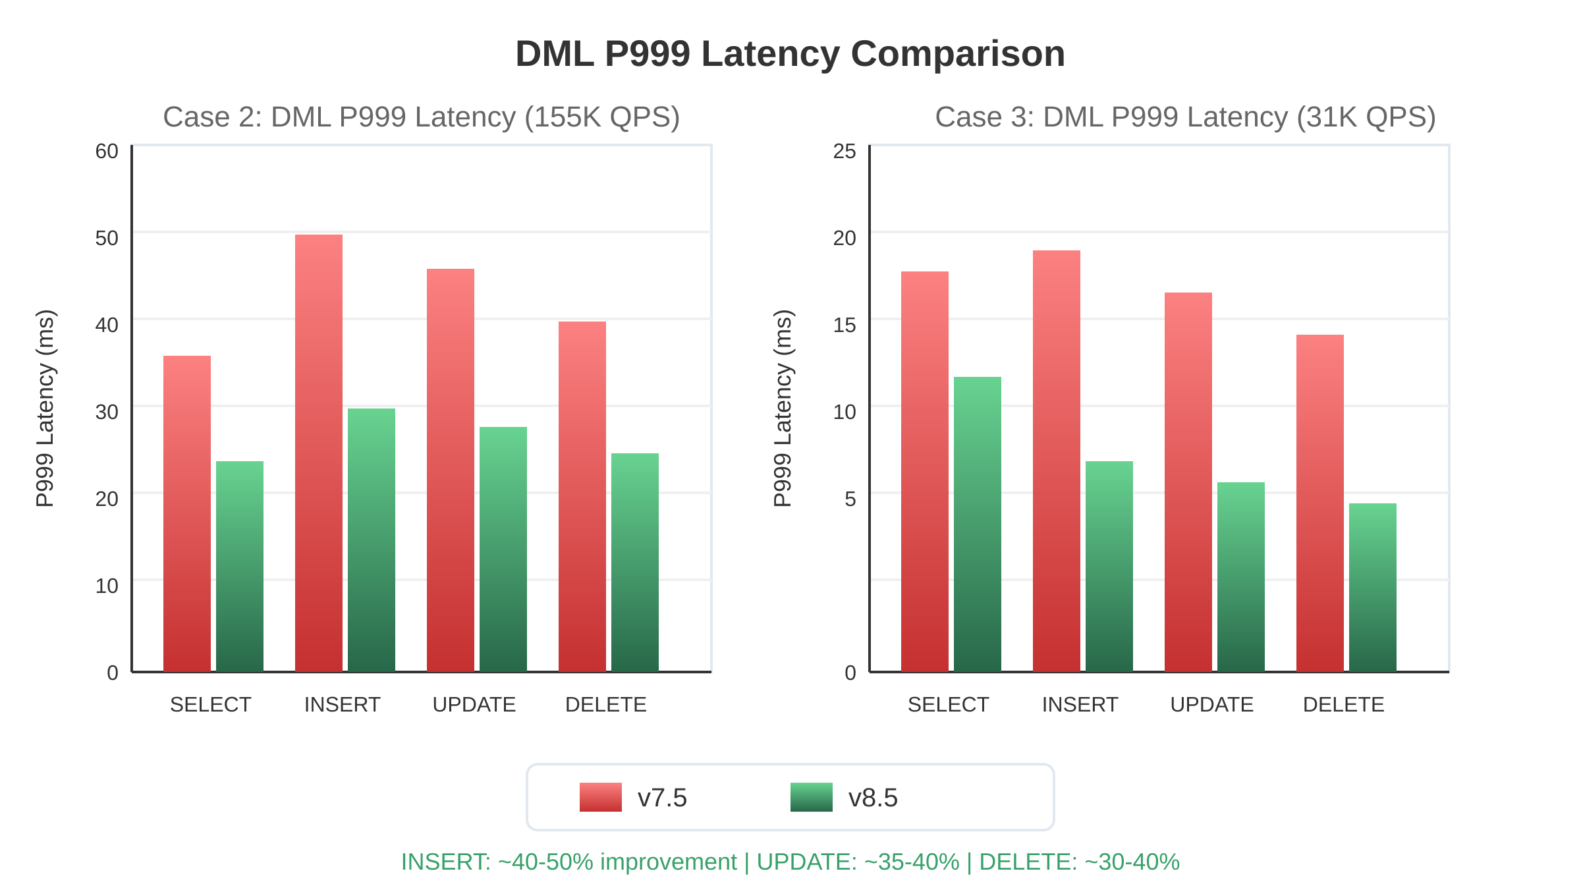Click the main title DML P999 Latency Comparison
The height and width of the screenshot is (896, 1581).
790,54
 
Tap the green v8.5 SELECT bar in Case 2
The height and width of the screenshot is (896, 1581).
240,567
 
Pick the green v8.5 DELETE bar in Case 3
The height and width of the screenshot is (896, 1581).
1373,588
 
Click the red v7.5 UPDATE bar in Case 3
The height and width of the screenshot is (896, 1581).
1188,482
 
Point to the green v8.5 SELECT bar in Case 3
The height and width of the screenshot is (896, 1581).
978,524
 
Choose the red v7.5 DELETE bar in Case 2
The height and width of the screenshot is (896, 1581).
582,497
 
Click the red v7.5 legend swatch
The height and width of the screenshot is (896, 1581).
600,797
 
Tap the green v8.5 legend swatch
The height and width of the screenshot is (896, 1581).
811,797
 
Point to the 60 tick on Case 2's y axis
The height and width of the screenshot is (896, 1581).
107,152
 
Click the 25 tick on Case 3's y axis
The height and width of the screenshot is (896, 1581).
845,152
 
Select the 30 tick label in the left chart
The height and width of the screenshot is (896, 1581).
107,412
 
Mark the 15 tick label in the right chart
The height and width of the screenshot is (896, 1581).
845,325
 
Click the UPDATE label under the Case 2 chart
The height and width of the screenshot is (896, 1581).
474,705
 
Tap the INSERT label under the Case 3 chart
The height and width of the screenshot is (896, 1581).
1080,705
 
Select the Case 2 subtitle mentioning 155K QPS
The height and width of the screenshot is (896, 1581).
422,117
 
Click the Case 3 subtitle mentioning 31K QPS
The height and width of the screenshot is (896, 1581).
1185,117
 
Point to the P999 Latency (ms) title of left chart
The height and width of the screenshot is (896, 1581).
45,408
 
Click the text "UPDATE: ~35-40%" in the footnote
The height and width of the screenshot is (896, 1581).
858,862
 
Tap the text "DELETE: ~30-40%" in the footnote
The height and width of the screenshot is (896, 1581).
1079,862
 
